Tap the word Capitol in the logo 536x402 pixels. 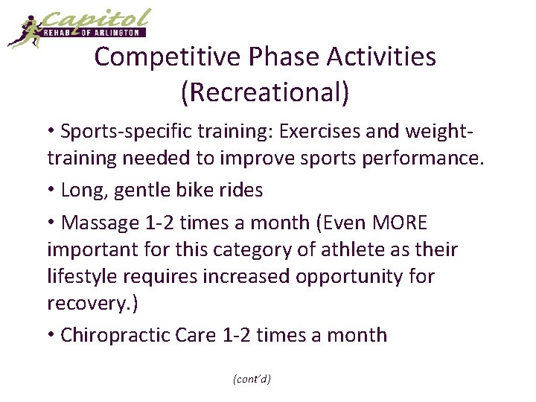coord(97,18)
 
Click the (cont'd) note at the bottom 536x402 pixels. coord(252,379)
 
